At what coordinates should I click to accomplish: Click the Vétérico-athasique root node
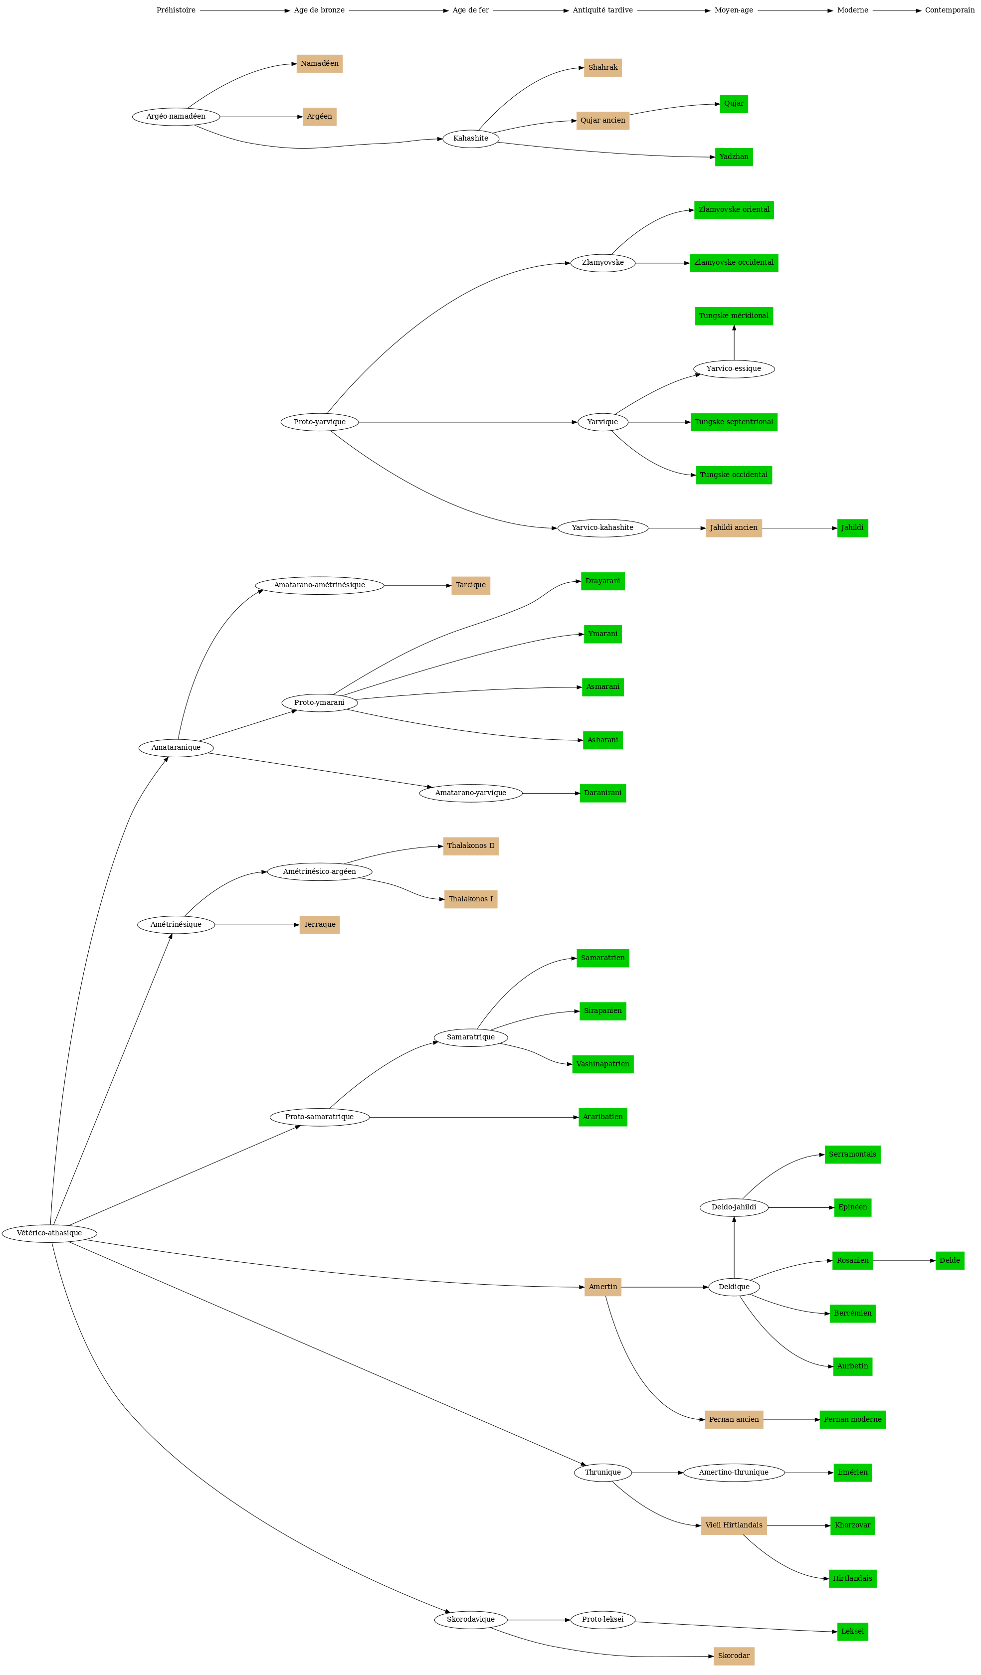[49, 1233]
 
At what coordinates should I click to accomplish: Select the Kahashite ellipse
[470, 138]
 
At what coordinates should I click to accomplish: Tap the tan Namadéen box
[319, 64]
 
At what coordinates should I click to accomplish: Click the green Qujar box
[734, 104]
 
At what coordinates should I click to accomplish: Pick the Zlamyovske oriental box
[734, 209]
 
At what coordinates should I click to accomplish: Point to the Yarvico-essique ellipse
[734, 368]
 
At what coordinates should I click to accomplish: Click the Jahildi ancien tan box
[734, 528]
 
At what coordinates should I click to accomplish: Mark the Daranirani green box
[602, 793]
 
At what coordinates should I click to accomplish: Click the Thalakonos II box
[470, 845]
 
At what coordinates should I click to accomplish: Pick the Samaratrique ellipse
[470, 1037]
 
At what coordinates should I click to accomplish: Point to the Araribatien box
[602, 1117]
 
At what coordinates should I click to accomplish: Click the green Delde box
[949, 1260]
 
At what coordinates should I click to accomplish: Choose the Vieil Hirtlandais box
[734, 1525]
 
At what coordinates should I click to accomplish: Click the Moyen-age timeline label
[734, 10]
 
